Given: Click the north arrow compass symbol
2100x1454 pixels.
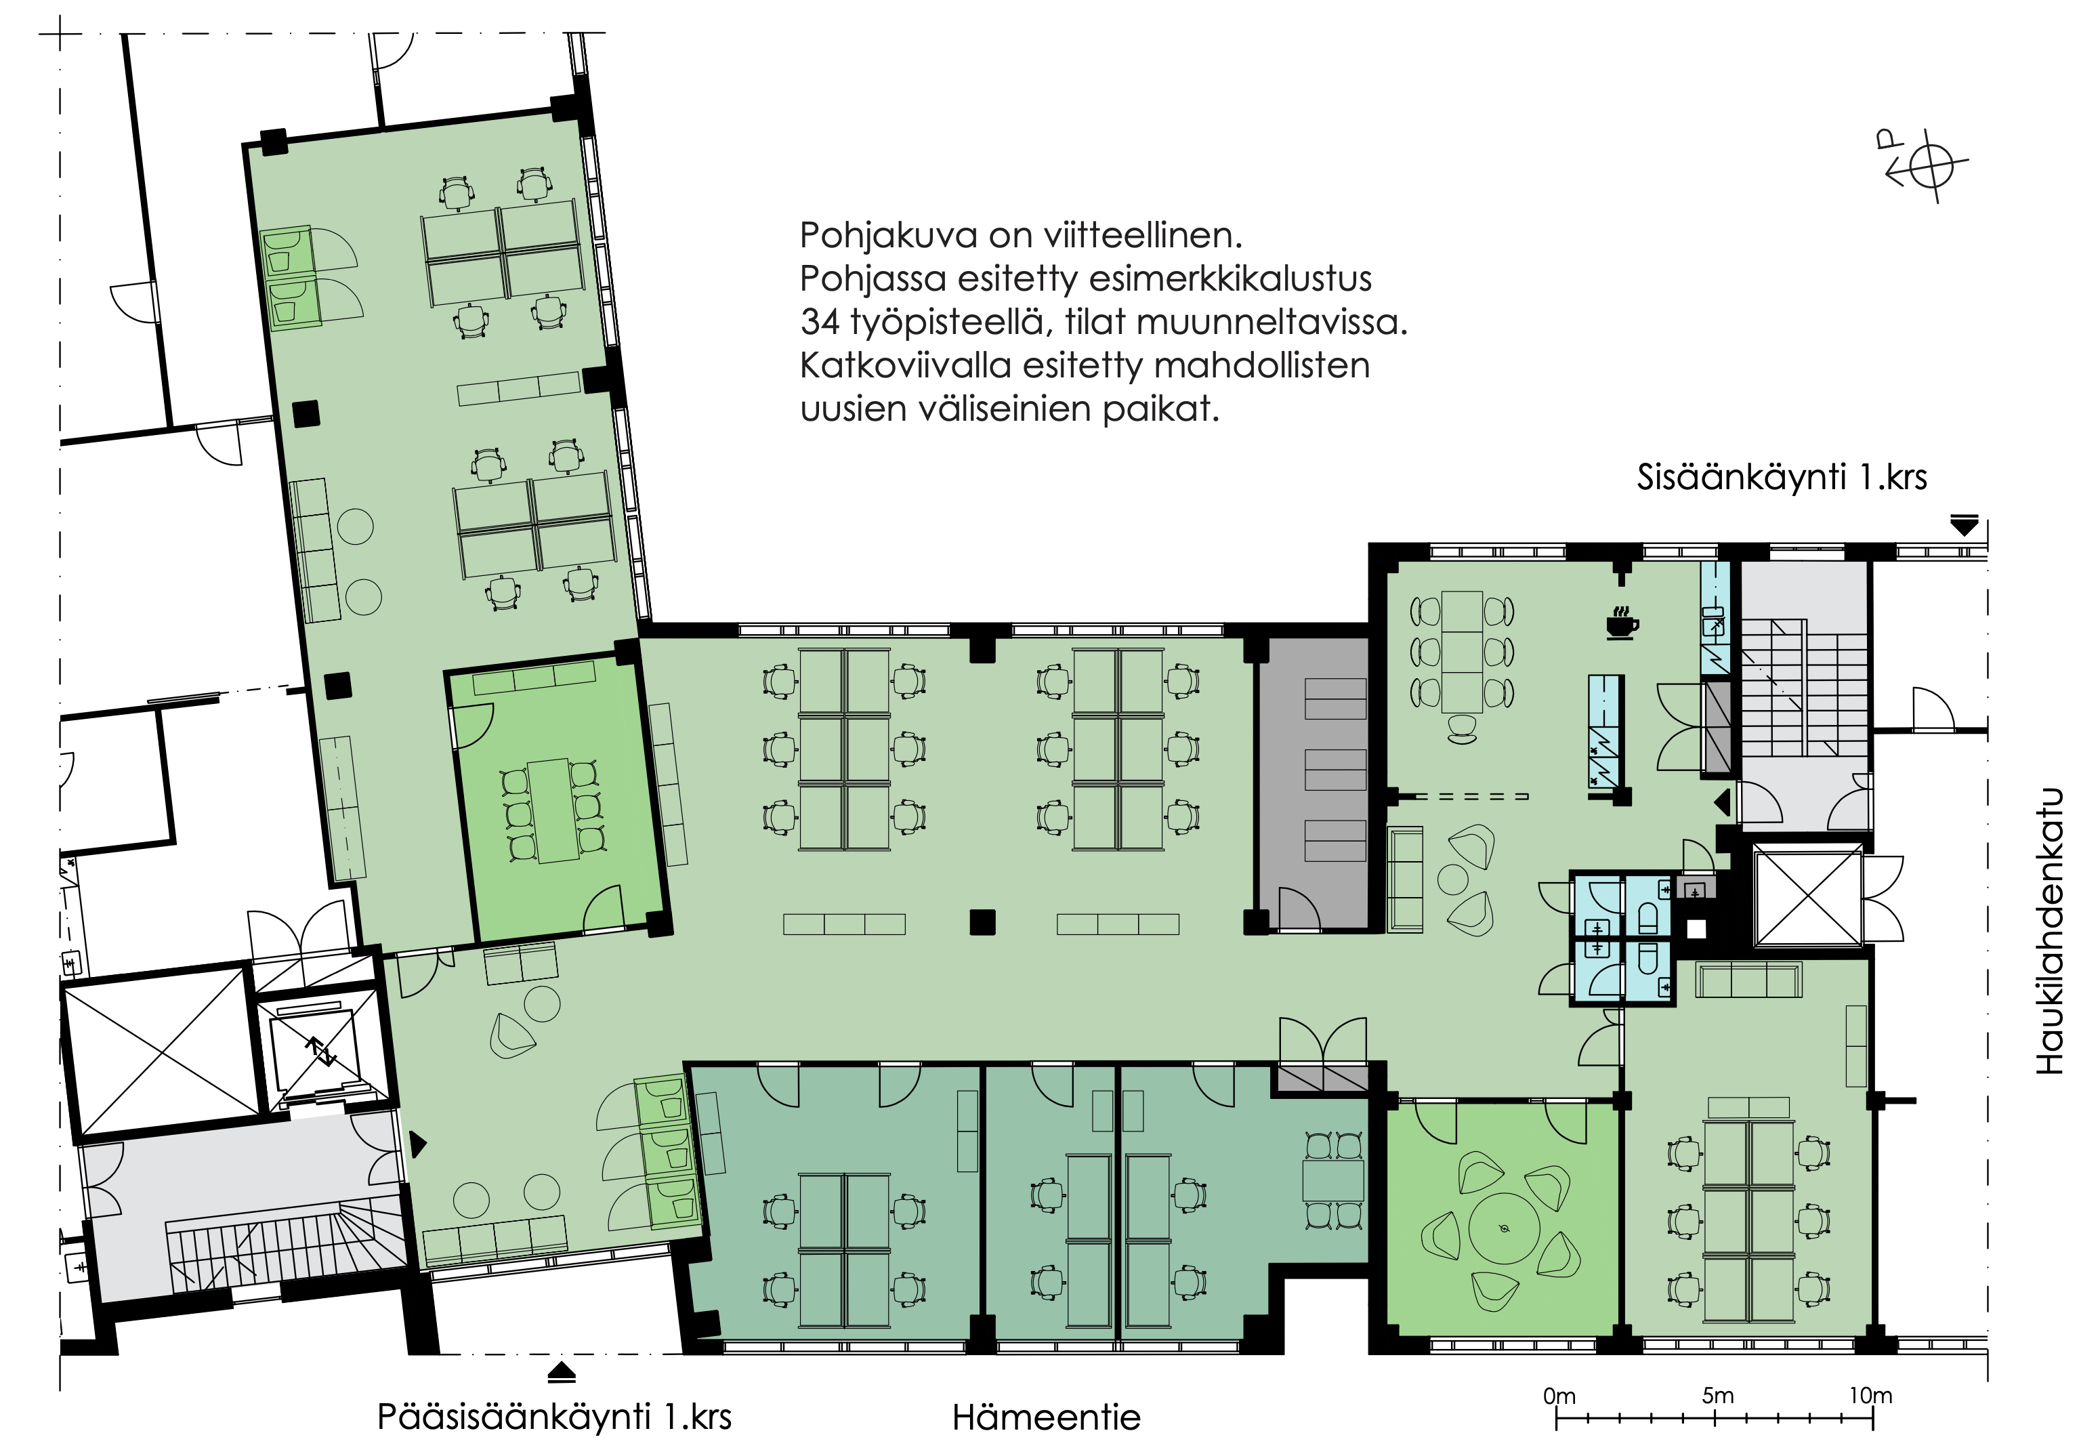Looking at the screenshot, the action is click(x=1923, y=167).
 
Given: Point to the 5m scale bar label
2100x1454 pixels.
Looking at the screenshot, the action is click(x=1717, y=1396).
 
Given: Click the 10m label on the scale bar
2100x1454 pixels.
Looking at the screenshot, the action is click(x=1870, y=1396).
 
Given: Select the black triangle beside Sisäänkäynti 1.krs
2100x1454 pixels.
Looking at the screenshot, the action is click(x=1965, y=526).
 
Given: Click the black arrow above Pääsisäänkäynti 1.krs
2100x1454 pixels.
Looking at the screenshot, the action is click(x=562, y=1372).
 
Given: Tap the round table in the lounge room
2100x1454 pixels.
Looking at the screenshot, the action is click(x=1503, y=1229).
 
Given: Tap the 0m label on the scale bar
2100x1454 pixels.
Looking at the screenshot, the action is click(x=1559, y=1396).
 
